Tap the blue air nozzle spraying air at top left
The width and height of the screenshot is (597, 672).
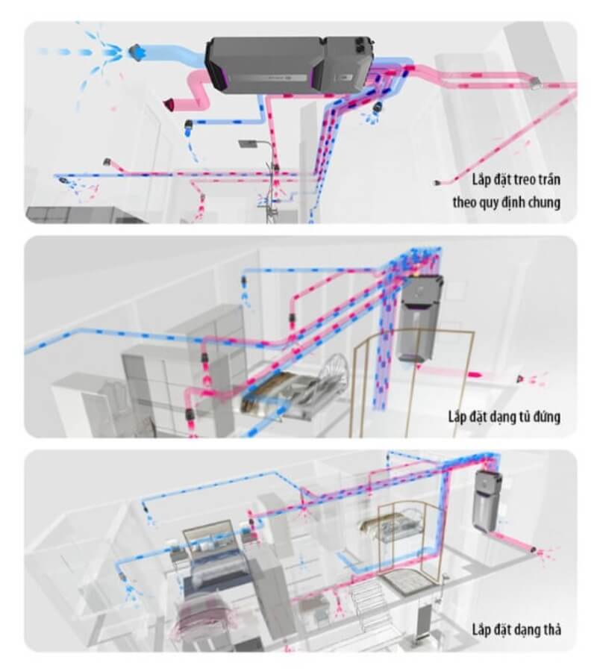137,52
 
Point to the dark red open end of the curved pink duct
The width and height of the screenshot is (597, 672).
169,105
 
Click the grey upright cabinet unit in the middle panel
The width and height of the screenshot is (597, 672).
419,318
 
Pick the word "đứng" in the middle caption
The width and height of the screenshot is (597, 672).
546,416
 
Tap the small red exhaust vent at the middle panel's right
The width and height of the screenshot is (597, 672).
520,379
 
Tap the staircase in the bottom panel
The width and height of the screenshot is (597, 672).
372,603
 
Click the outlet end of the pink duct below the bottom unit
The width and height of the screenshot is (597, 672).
533,549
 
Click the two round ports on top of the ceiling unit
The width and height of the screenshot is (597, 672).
363,40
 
